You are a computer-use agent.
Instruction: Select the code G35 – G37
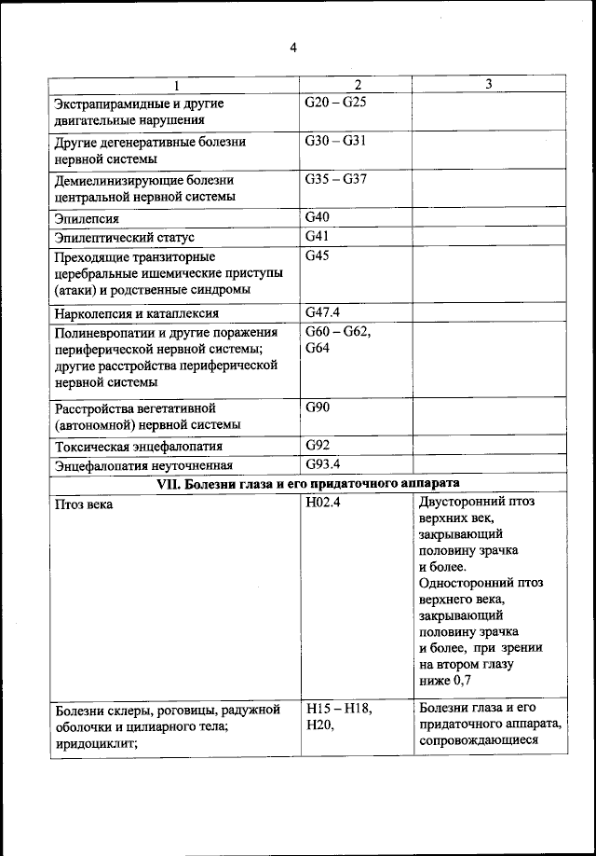335,179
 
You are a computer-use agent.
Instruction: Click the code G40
318,217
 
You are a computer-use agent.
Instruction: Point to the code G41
318,237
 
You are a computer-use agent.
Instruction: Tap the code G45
318,255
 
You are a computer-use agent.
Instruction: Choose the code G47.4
323,312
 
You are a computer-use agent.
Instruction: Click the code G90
318,407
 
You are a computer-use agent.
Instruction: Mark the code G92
318,445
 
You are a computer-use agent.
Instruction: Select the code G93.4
323,463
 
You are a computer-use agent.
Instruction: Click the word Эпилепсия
87,219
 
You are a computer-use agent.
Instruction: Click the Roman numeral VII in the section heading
168,483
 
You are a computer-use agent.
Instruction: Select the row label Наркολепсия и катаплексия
137,314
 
